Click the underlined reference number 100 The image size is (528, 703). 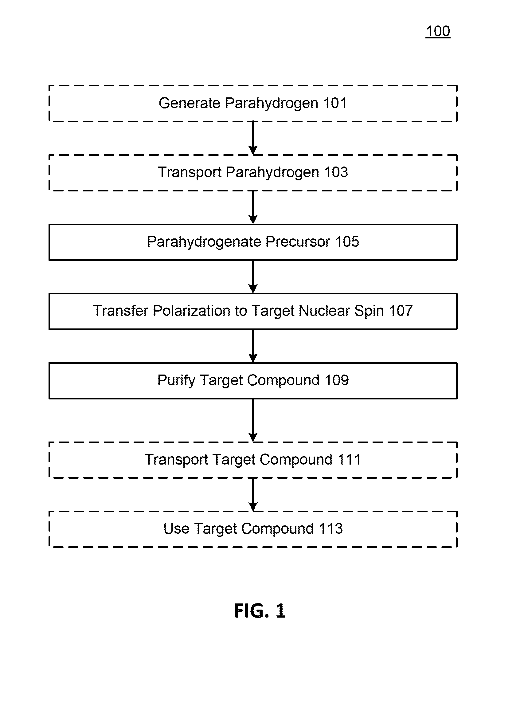438,31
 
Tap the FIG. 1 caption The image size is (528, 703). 260,611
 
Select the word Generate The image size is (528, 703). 190,103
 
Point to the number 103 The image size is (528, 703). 336,172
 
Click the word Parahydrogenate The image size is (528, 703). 204,242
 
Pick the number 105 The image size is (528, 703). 347,242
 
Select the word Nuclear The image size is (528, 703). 324,311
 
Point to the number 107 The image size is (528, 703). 401,311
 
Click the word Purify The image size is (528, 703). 176,380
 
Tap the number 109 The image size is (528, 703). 336,380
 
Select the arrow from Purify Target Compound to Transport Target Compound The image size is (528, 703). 253,420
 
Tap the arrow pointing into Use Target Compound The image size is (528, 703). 253,494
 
